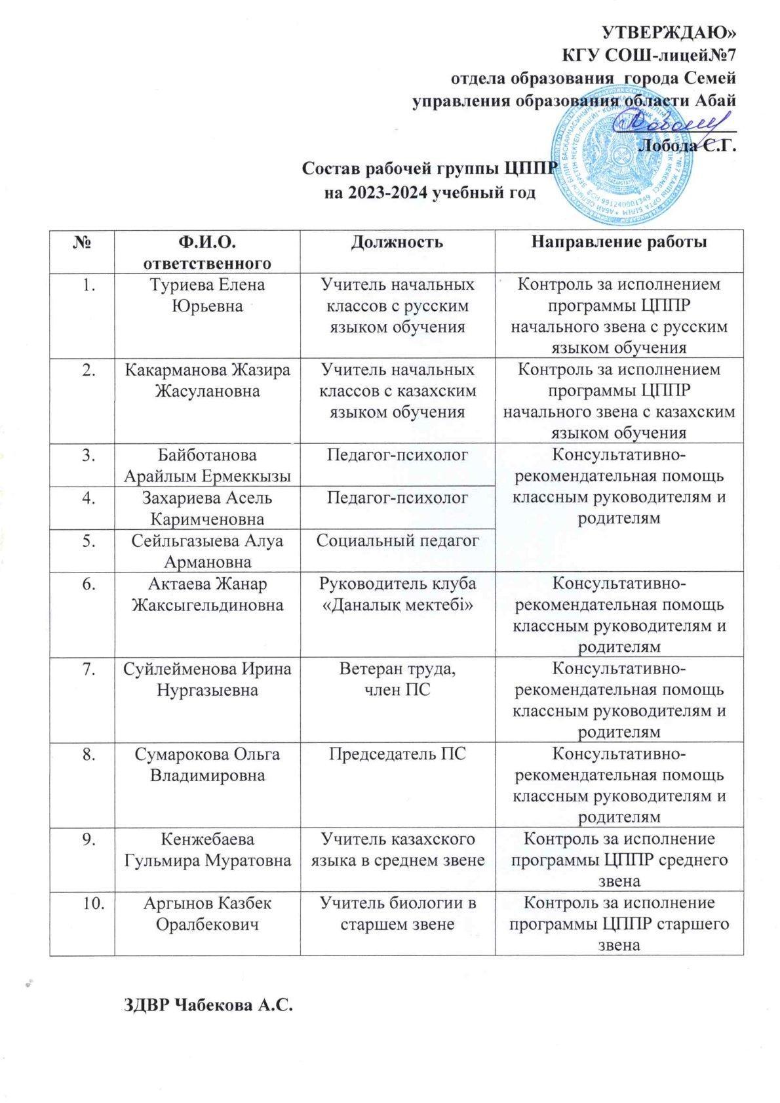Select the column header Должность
(x=397, y=242)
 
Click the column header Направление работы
(x=619, y=242)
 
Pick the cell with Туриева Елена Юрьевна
(x=206, y=295)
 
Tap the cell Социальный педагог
(x=397, y=540)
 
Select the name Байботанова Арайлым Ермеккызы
(x=206, y=465)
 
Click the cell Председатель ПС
(x=397, y=754)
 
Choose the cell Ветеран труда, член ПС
(x=397, y=679)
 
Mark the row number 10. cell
(x=82, y=903)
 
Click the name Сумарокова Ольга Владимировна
(x=206, y=764)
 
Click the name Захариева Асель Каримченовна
(x=206, y=508)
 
